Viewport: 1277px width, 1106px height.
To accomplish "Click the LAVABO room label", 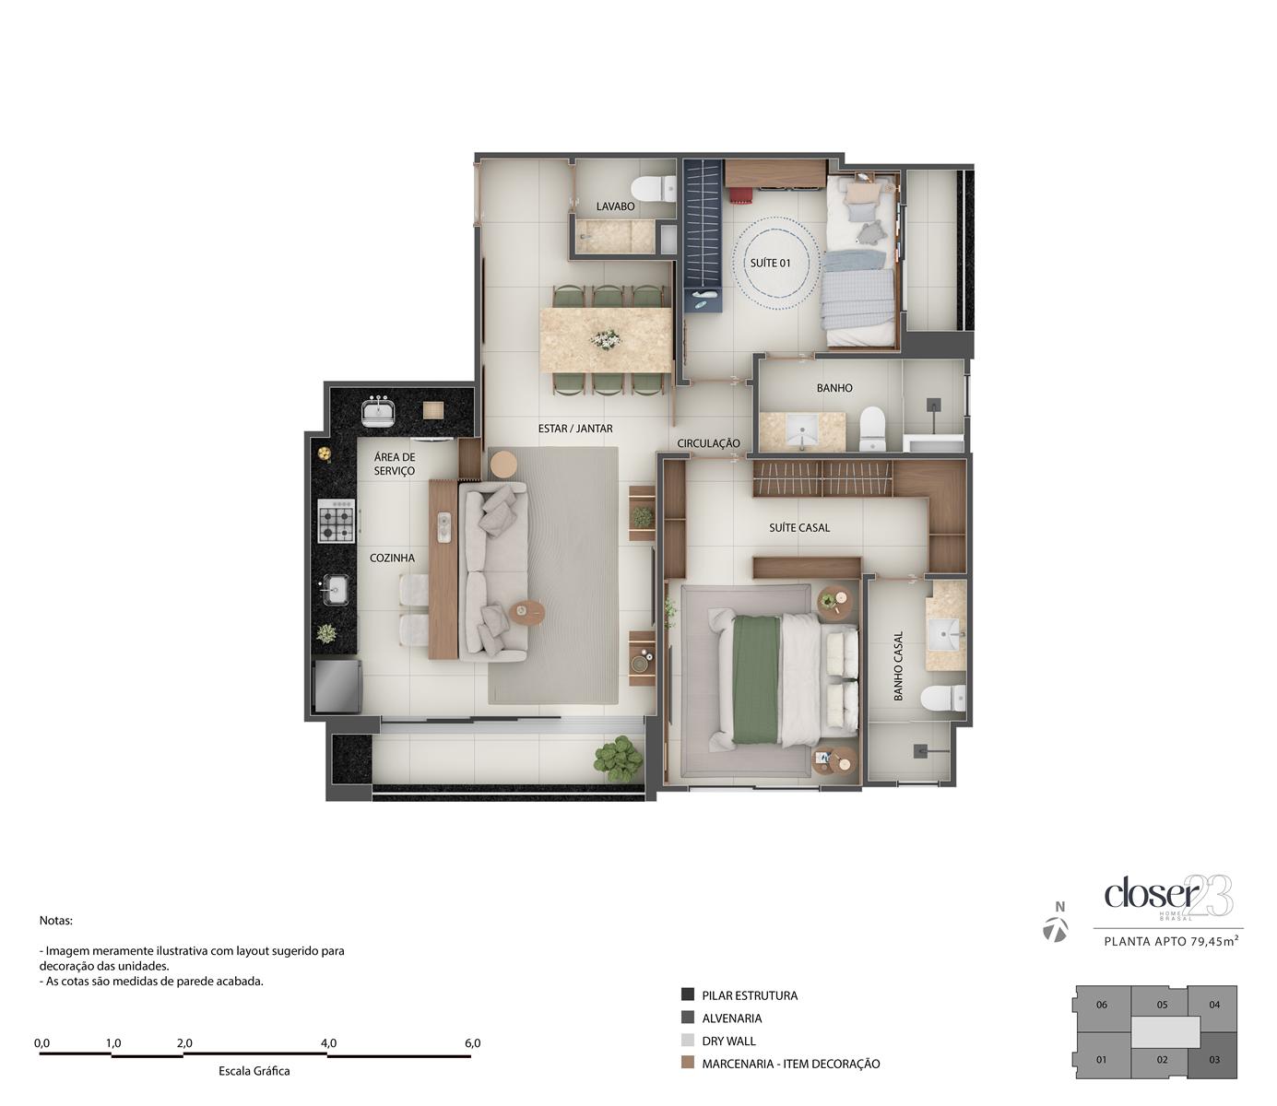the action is pyautogui.click(x=615, y=206).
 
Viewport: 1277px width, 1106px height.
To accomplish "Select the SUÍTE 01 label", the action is pyautogui.click(x=770, y=263).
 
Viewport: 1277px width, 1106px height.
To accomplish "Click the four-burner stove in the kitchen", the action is pyautogui.click(x=337, y=521).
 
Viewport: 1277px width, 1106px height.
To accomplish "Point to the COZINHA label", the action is pyautogui.click(x=392, y=558).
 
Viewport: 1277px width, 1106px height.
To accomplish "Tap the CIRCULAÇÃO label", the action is pyautogui.click(x=708, y=442).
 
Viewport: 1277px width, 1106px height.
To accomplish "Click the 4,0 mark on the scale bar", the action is pyautogui.click(x=328, y=1043).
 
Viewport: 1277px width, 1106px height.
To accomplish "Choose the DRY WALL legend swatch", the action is pyautogui.click(x=688, y=1041).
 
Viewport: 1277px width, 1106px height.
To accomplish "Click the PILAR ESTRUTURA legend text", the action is pyautogui.click(x=750, y=994).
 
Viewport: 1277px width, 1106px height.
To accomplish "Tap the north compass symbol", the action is pyautogui.click(x=1055, y=930).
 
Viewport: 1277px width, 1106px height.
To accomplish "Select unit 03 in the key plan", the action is pyautogui.click(x=1214, y=1059).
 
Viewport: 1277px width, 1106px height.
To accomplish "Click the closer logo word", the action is pyautogui.click(x=1152, y=894).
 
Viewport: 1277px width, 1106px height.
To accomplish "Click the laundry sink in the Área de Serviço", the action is pyautogui.click(x=378, y=411).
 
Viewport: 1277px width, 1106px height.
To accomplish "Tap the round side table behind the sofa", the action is pyautogui.click(x=504, y=464).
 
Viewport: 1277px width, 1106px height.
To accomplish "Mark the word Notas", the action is pyautogui.click(x=55, y=920).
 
